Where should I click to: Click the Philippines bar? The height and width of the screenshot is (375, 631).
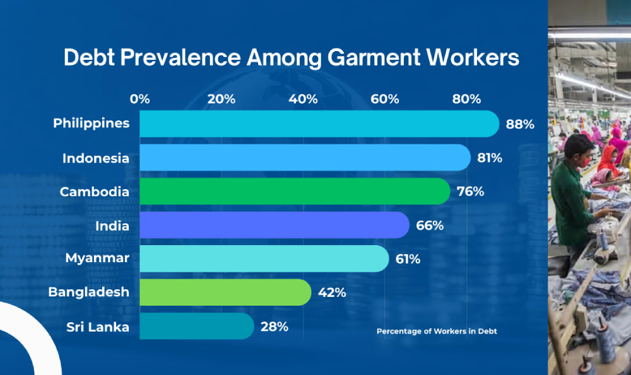(319, 124)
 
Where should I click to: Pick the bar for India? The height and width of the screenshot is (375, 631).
(274, 225)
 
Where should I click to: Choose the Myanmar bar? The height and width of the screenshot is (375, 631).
(264, 258)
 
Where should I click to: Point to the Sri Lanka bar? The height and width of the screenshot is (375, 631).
(196, 326)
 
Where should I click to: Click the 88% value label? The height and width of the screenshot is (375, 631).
(520, 124)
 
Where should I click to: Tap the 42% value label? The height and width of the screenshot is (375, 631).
(333, 293)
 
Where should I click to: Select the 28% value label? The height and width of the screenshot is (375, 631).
(274, 326)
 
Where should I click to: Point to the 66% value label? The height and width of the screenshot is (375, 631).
(430, 225)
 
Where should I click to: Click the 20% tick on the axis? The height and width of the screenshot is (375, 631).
(221, 99)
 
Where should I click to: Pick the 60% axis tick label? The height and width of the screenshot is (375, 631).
(385, 99)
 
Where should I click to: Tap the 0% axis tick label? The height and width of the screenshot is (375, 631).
(139, 99)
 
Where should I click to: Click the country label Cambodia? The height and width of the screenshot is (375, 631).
(95, 191)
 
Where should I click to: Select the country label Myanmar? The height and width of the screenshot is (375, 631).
(97, 258)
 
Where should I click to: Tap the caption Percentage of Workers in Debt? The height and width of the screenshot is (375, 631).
(437, 331)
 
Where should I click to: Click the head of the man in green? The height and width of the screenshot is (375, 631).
(577, 149)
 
